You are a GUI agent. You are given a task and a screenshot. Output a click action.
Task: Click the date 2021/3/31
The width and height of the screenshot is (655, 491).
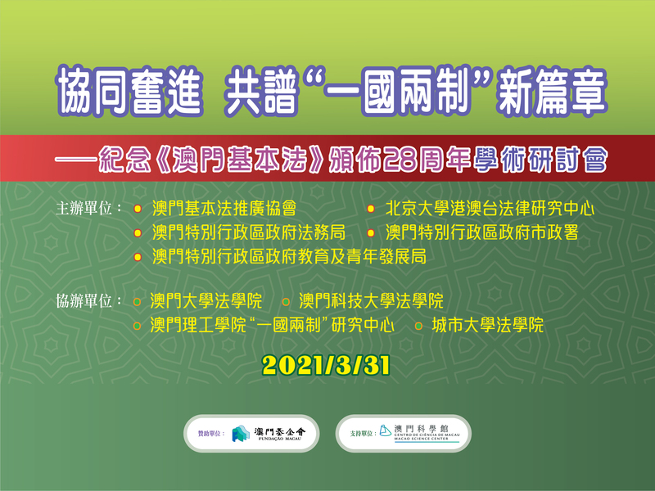point(326,366)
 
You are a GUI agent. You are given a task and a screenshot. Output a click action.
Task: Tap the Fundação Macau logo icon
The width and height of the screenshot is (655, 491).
point(241,434)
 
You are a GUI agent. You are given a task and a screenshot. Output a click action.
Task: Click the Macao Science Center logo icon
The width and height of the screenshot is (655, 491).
point(385,430)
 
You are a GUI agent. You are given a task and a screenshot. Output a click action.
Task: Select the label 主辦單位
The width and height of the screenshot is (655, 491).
point(84,208)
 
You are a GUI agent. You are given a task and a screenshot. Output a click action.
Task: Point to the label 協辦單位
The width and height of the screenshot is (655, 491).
point(84,300)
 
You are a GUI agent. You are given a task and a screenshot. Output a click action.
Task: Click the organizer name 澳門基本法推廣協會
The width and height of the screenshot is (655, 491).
point(224,209)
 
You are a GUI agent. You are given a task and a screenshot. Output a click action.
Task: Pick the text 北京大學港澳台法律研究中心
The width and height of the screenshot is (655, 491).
point(490,209)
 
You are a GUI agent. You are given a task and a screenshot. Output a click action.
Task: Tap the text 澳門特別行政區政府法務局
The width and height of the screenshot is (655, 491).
point(249,232)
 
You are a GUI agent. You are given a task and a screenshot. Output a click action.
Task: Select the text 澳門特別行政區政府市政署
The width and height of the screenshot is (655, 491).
point(481,232)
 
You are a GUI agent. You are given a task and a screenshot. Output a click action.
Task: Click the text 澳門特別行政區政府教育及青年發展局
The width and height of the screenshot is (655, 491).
point(289,257)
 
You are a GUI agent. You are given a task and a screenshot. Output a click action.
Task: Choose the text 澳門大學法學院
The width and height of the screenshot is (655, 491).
point(206,301)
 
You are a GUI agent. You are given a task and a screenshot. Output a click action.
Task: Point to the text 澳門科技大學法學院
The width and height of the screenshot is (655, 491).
point(371,301)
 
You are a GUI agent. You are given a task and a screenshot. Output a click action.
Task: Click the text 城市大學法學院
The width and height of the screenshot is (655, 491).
point(487,325)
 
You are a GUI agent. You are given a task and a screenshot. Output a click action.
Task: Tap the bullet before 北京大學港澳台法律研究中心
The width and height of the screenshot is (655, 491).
point(371,209)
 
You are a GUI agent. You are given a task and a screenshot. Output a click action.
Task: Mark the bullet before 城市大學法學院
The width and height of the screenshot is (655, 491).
point(418,326)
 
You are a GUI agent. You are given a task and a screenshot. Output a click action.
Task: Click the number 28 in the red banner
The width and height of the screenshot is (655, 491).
point(400,160)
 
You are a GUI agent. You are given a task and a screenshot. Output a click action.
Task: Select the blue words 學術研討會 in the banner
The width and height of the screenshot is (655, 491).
point(540,160)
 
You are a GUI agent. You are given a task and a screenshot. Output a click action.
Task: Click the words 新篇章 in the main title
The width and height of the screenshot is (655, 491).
point(551,91)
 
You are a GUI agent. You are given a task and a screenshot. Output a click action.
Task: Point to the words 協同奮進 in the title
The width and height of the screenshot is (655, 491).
point(129,91)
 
